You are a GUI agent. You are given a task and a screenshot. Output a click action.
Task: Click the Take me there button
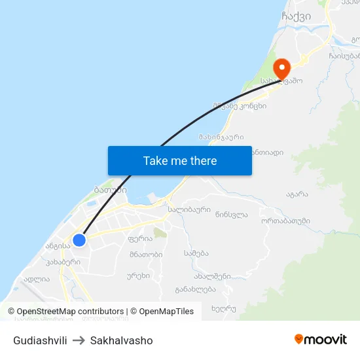(180, 160)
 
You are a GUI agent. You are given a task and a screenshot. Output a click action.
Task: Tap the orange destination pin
(281, 69)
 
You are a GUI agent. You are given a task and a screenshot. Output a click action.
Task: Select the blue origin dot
(79, 240)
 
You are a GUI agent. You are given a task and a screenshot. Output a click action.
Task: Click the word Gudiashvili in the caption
(40, 340)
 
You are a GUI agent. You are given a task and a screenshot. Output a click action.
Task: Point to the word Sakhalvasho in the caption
(122, 340)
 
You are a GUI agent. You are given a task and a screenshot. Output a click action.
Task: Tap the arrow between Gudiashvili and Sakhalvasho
(79, 340)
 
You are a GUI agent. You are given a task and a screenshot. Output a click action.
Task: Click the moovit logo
(320, 339)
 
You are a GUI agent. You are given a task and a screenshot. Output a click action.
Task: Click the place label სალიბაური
(189, 210)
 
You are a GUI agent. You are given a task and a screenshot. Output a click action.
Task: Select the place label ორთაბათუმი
(285, 221)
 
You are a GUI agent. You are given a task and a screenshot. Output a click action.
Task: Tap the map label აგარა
(297, 194)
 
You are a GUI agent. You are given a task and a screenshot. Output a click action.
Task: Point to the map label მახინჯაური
(221, 137)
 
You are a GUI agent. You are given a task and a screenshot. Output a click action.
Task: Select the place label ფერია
(140, 239)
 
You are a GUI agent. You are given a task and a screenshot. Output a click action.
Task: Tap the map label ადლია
(37, 279)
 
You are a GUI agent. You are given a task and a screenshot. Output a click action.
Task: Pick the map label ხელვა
(223, 308)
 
